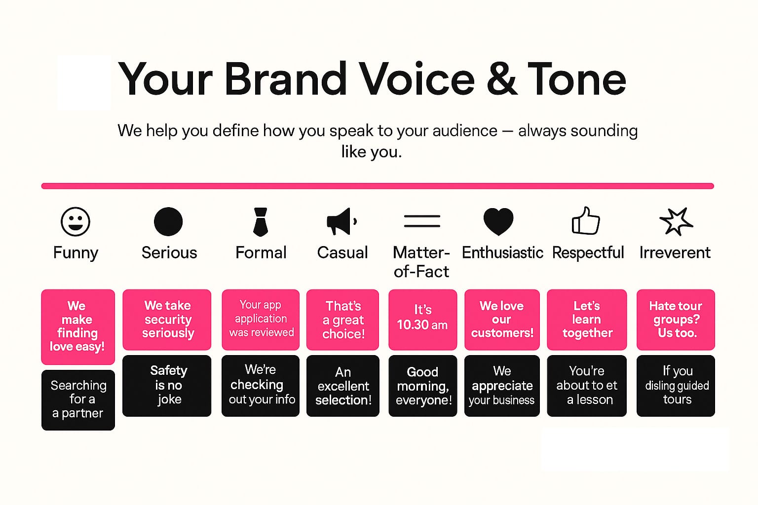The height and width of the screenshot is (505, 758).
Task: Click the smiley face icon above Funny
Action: (x=76, y=221)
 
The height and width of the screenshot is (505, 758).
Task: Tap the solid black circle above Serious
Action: (x=168, y=221)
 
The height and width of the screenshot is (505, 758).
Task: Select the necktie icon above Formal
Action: (x=261, y=222)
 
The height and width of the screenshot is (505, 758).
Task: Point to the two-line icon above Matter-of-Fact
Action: (x=422, y=221)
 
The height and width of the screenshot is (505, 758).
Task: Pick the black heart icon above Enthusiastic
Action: (x=498, y=221)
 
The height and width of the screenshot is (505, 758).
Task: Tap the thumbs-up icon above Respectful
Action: (x=586, y=220)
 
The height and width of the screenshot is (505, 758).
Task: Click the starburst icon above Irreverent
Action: (x=676, y=221)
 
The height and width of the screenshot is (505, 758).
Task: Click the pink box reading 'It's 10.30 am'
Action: (x=422, y=320)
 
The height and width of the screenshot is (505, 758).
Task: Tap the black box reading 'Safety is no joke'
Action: (x=167, y=386)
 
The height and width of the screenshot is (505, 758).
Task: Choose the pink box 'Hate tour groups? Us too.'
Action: (x=676, y=320)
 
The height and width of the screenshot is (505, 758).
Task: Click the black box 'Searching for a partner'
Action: (x=78, y=400)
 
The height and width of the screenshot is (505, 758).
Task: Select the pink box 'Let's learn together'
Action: (x=587, y=320)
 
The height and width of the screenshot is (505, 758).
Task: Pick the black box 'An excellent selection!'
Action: (x=343, y=386)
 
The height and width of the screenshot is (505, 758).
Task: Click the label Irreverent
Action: (x=675, y=252)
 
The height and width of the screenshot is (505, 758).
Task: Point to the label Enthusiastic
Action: (x=502, y=252)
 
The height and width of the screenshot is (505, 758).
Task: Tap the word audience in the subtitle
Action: (x=465, y=131)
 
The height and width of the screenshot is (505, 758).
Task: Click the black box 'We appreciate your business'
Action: (x=502, y=386)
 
